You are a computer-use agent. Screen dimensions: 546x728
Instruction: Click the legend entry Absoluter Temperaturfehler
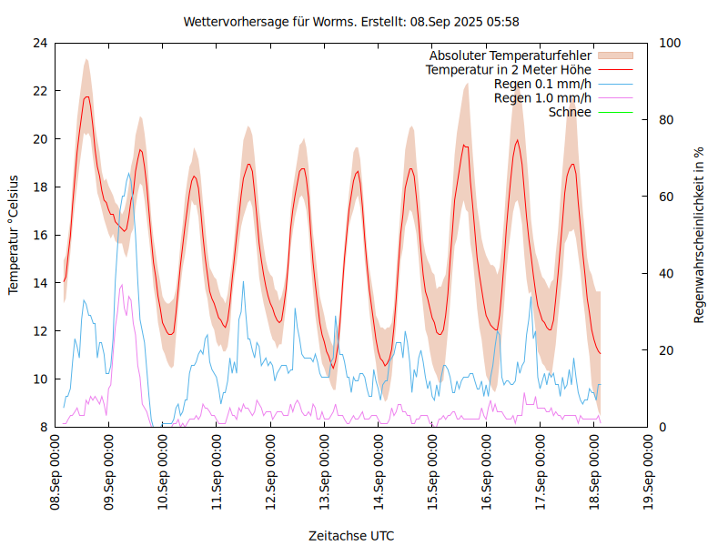(x=510, y=56)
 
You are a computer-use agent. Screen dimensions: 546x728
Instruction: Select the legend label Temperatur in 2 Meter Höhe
(x=509, y=70)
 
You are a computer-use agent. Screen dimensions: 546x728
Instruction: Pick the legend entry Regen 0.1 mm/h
(x=542, y=84)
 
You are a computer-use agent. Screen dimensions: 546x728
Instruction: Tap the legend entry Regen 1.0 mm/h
(x=542, y=98)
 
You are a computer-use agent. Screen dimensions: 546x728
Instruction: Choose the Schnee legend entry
(x=571, y=112)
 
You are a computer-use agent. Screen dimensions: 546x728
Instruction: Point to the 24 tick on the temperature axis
(x=40, y=43)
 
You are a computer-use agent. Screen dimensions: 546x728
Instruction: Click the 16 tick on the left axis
(x=40, y=235)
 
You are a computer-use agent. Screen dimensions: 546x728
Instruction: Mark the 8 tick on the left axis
(x=44, y=427)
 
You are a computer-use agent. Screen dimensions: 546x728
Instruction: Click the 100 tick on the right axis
(x=670, y=43)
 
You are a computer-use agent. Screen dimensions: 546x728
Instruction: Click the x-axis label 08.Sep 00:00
(x=56, y=472)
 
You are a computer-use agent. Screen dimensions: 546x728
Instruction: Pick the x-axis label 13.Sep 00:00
(x=325, y=472)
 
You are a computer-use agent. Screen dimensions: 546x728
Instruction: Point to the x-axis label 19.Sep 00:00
(x=648, y=472)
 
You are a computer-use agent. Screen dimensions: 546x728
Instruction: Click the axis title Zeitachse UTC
(x=351, y=536)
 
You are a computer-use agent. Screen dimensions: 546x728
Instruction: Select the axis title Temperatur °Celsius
(x=14, y=235)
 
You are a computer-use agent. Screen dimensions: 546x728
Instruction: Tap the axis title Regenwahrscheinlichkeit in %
(x=700, y=235)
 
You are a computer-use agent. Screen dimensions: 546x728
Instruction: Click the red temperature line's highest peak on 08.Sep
(x=86, y=96)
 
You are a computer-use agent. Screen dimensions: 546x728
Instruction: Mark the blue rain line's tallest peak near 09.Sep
(x=129, y=174)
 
